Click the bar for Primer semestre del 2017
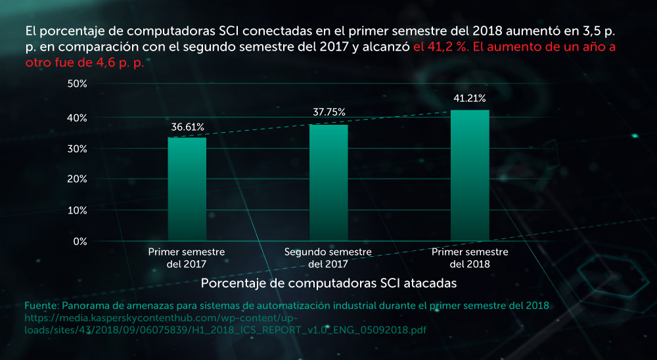(x=187, y=189)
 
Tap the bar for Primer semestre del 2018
(x=470, y=175)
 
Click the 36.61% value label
(x=187, y=127)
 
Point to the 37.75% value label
(x=328, y=112)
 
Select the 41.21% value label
(x=470, y=99)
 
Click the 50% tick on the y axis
(x=78, y=84)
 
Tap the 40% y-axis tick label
(x=78, y=118)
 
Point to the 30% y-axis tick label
(x=78, y=148)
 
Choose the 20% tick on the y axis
(x=78, y=179)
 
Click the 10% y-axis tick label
(x=78, y=210)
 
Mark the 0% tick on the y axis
(x=80, y=241)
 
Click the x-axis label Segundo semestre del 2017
(x=328, y=258)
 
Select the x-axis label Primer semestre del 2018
(x=470, y=258)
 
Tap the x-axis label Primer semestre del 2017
(x=187, y=258)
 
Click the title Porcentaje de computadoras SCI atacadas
(x=328, y=283)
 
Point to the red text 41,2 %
(x=442, y=48)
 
